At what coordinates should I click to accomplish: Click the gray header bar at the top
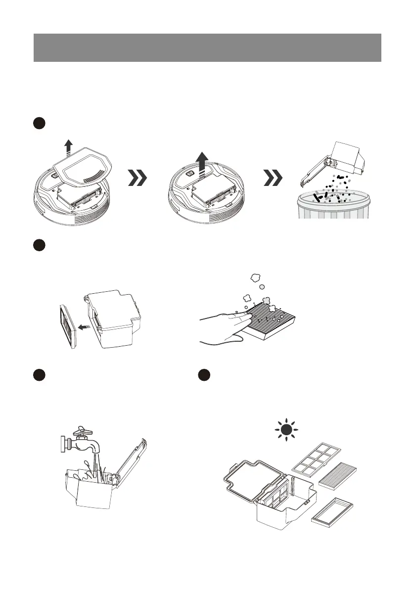207,47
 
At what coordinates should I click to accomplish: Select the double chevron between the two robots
137,179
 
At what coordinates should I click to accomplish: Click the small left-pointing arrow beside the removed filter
85,326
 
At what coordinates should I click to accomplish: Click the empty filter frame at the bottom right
332,511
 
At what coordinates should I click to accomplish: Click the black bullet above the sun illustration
204,374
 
